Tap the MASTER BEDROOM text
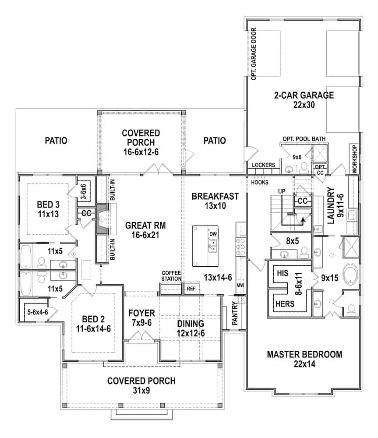click(x=304, y=354)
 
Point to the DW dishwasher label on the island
click(x=213, y=234)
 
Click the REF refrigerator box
click(x=191, y=289)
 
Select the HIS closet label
click(x=283, y=272)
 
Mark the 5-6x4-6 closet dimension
click(x=33, y=313)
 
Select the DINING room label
click(x=191, y=324)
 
